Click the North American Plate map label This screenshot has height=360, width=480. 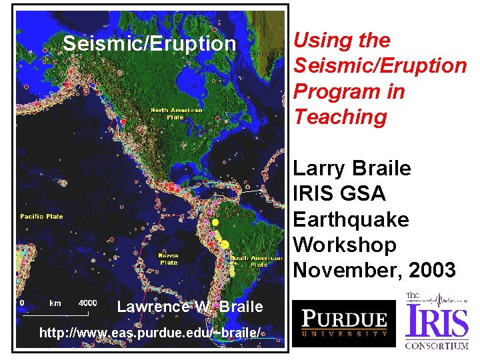pyautogui.click(x=168, y=113)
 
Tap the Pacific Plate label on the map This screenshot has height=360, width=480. pyautogui.click(x=41, y=217)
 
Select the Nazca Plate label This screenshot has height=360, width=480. pyautogui.click(x=167, y=259)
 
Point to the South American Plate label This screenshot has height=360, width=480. pyautogui.click(x=250, y=261)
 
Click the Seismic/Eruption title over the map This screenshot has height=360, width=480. pyautogui.click(x=149, y=43)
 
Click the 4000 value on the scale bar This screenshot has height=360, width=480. pyautogui.click(x=87, y=303)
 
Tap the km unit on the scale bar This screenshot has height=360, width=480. pyautogui.click(x=55, y=303)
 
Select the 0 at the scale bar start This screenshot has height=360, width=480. pyautogui.click(x=22, y=303)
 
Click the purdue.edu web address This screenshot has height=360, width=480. pyautogui.click(x=150, y=332)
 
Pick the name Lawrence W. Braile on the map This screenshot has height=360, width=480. pyautogui.click(x=189, y=307)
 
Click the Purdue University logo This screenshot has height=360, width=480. pyautogui.click(x=344, y=323)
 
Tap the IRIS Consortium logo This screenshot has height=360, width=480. pyautogui.click(x=437, y=321)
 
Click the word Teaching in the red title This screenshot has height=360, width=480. pyautogui.click(x=340, y=117)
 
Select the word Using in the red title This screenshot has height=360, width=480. pyautogui.click(x=317, y=40)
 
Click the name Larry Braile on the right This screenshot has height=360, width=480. pyautogui.click(x=352, y=168)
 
